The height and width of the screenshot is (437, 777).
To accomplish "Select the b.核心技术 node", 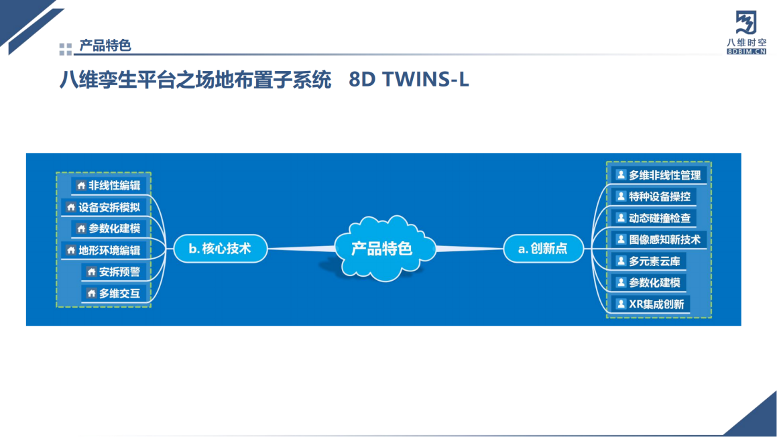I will pyautogui.click(x=220, y=249).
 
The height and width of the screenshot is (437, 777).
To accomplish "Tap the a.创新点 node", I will pyautogui.click(x=543, y=249).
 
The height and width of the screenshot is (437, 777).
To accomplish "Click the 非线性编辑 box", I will pyautogui.click(x=109, y=186).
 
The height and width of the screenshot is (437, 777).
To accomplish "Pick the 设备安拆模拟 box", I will pyautogui.click(x=104, y=207).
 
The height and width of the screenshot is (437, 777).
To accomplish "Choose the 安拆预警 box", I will pyautogui.click(x=115, y=272).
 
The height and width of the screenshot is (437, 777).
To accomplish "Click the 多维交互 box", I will pyautogui.click(x=115, y=294).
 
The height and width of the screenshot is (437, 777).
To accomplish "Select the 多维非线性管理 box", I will pyautogui.click(x=658, y=175).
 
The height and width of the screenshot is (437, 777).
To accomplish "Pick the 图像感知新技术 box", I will pyautogui.click(x=658, y=239).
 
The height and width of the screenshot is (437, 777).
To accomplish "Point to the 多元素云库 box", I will pyautogui.click(x=648, y=261).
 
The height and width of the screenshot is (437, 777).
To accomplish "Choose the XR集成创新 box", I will pyautogui.click(x=650, y=304).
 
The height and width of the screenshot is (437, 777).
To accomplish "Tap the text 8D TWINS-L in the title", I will pyautogui.click(x=409, y=80).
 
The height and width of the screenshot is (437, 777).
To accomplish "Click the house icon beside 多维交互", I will pyautogui.click(x=91, y=294).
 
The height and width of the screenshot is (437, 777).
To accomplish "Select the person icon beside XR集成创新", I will pyautogui.click(x=621, y=304).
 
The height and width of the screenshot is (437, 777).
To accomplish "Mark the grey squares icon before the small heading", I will pyautogui.click(x=65, y=48).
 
